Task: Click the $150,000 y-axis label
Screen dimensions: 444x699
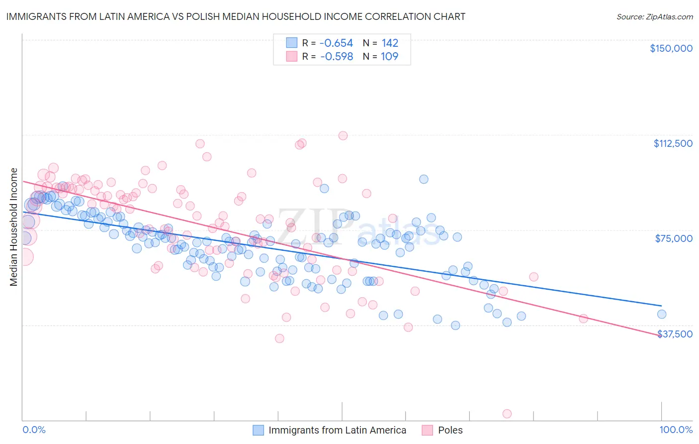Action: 671,48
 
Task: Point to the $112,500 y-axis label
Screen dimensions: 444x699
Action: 673,143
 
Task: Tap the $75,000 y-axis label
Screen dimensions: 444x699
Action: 674,238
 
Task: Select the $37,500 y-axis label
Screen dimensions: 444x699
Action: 675,334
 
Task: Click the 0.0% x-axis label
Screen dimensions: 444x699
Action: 34,430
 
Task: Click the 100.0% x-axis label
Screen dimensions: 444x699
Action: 676,430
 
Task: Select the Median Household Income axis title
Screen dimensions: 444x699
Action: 13,227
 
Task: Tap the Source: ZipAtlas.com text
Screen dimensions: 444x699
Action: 654,16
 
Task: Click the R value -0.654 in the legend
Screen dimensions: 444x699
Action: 336,43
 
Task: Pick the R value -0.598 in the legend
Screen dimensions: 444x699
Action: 336,57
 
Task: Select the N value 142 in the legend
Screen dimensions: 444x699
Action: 390,43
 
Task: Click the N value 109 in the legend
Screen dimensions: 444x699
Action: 389,57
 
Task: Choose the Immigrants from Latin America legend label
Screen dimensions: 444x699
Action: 337,430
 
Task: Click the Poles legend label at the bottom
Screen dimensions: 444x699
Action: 450,430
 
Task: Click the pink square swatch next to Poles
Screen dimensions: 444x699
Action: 427,430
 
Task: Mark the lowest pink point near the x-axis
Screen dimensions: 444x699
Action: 507,414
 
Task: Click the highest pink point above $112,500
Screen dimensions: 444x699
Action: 343,135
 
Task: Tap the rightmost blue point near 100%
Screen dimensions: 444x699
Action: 661,314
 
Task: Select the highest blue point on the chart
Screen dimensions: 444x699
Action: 424,179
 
